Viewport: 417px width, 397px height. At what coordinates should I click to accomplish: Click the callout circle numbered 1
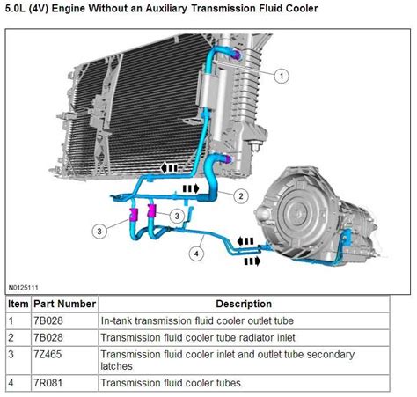click(x=282, y=76)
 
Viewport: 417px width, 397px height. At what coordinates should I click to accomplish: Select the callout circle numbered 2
click(x=241, y=196)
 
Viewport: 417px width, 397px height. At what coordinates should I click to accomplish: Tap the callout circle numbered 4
click(x=196, y=254)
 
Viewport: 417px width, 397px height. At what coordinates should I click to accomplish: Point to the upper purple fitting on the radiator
click(x=237, y=55)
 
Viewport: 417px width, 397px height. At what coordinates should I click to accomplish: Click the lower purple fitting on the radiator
click(x=228, y=159)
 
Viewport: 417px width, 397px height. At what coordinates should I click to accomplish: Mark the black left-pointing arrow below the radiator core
click(x=169, y=168)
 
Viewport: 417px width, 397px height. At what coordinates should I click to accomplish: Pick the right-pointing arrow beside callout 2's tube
click(x=191, y=188)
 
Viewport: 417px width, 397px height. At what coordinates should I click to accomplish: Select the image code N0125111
click(x=24, y=288)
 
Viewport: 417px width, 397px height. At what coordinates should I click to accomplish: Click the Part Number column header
click(x=65, y=304)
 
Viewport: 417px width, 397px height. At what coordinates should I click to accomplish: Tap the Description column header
click(x=244, y=304)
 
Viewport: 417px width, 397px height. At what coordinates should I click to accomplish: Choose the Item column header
click(x=18, y=304)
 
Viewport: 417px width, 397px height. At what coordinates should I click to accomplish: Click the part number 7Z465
click(x=48, y=354)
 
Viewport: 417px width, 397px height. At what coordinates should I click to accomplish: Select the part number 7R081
click(x=48, y=383)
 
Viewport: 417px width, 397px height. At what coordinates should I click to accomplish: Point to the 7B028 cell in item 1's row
click(x=48, y=320)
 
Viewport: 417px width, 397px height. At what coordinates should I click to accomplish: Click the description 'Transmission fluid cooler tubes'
click(x=171, y=383)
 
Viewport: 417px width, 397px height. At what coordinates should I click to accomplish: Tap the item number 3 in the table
click(x=11, y=354)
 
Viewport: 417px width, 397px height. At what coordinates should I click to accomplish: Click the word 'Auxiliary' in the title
click(x=166, y=9)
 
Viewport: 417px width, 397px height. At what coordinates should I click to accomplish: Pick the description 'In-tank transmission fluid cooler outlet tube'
click(x=197, y=320)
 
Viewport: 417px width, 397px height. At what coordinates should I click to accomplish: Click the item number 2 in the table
click(x=11, y=337)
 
